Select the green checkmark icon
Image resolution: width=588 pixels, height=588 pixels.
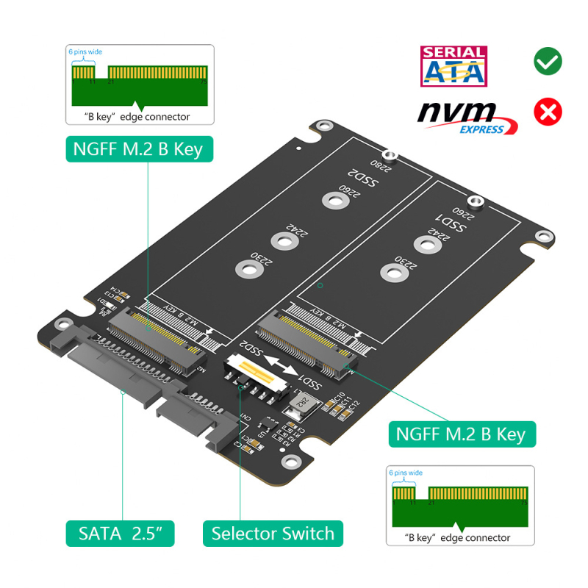[x=548, y=61]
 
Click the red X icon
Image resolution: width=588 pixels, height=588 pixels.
[x=548, y=112]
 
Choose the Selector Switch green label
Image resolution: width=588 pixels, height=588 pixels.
[x=272, y=533]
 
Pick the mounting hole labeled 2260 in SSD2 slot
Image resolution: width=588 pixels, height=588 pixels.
[x=334, y=200]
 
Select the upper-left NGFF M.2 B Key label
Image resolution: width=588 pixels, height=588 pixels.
[x=138, y=149]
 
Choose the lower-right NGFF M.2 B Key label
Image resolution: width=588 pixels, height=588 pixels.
[x=462, y=433]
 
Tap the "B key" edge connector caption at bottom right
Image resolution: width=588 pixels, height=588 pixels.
[x=457, y=537]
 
